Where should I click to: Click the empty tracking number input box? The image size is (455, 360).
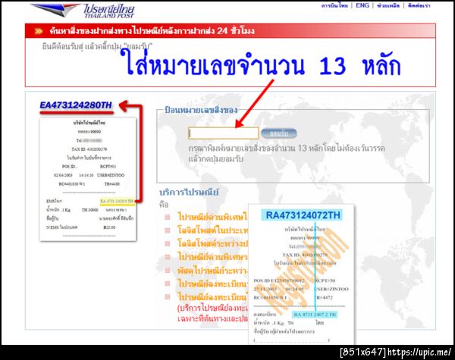click(x=224, y=133)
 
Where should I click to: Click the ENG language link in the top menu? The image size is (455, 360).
click(x=362, y=6)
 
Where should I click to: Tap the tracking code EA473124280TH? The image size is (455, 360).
click(x=76, y=105)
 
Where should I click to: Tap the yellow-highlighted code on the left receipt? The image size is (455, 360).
click(x=120, y=201)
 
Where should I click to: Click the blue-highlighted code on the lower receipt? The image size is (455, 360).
click(x=311, y=313)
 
